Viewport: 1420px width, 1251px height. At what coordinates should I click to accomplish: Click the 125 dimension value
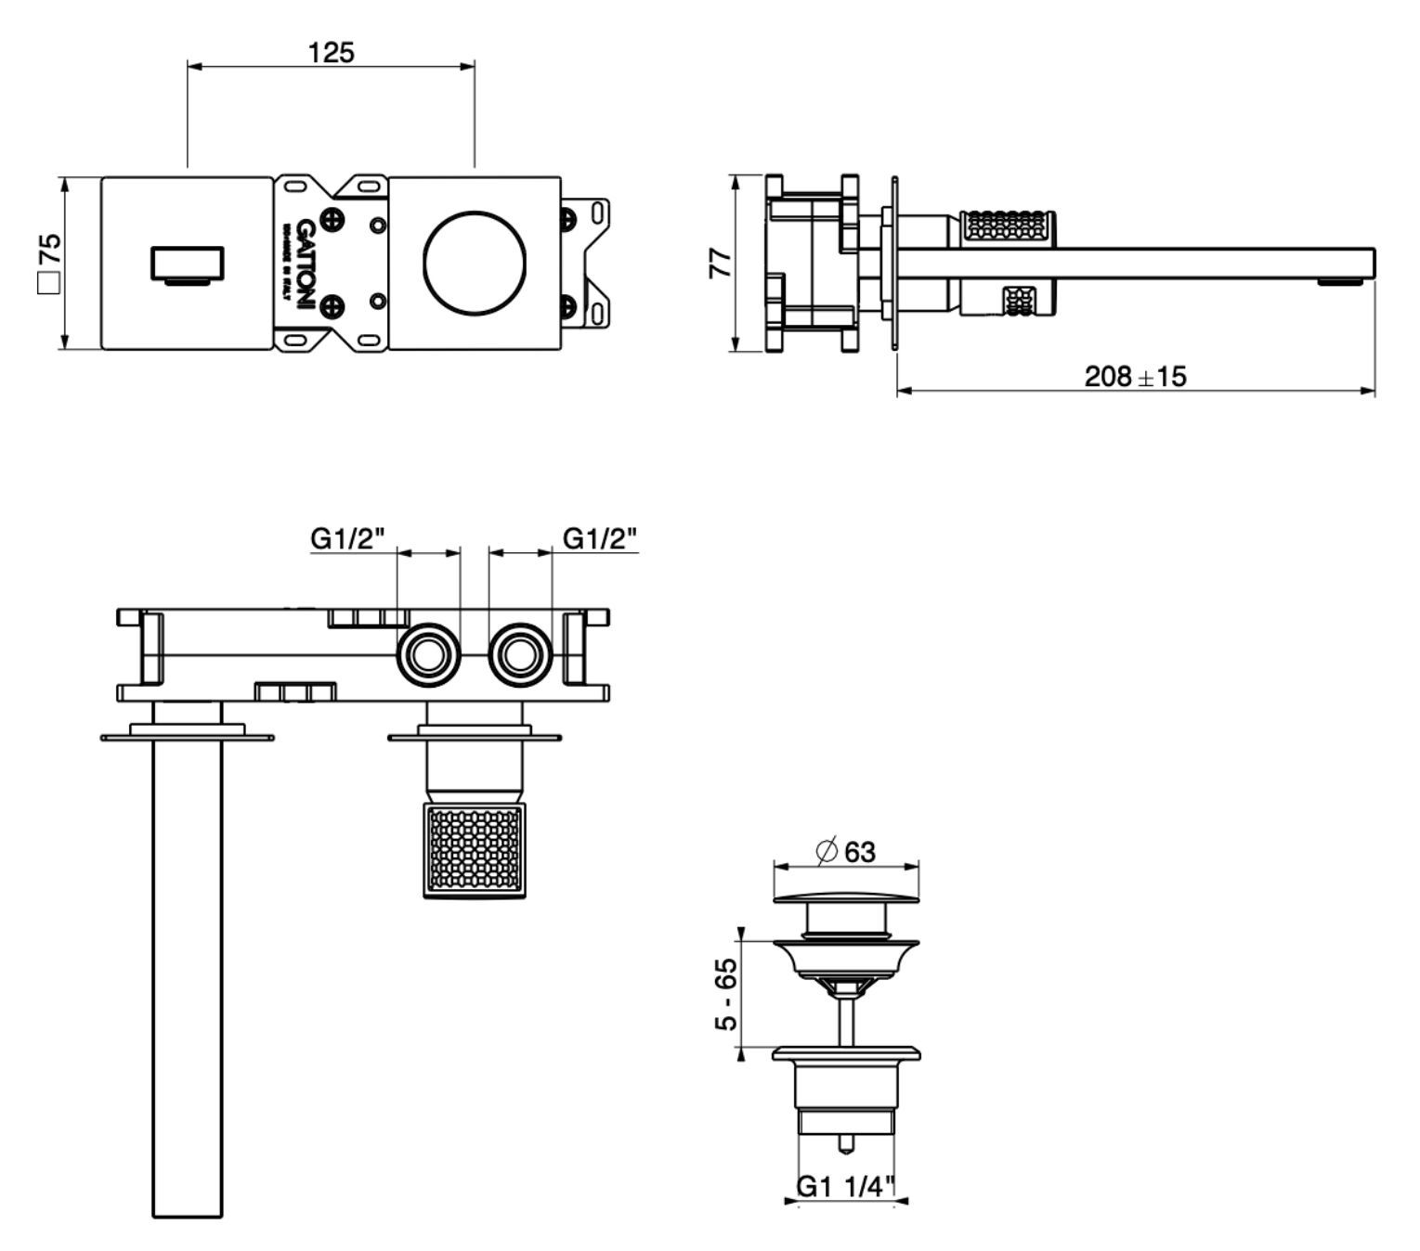click(332, 52)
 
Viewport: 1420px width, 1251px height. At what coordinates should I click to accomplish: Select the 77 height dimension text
click(720, 263)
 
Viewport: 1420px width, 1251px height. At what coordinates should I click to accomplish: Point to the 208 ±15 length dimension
click(1135, 376)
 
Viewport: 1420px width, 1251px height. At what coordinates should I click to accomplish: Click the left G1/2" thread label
click(347, 538)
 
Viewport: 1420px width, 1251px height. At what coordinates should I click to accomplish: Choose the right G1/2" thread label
click(601, 538)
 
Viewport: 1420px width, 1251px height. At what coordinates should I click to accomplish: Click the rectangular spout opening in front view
click(188, 264)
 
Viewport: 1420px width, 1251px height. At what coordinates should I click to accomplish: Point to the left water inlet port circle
click(428, 655)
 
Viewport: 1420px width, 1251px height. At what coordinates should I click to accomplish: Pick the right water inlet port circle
click(520, 655)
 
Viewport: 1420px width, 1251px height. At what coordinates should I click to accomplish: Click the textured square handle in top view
click(474, 850)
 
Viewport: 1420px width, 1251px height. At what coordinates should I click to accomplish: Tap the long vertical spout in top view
click(188, 974)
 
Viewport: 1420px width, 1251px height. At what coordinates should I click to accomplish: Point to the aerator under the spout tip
click(1339, 282)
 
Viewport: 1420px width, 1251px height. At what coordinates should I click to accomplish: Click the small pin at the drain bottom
click(845, 1144)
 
